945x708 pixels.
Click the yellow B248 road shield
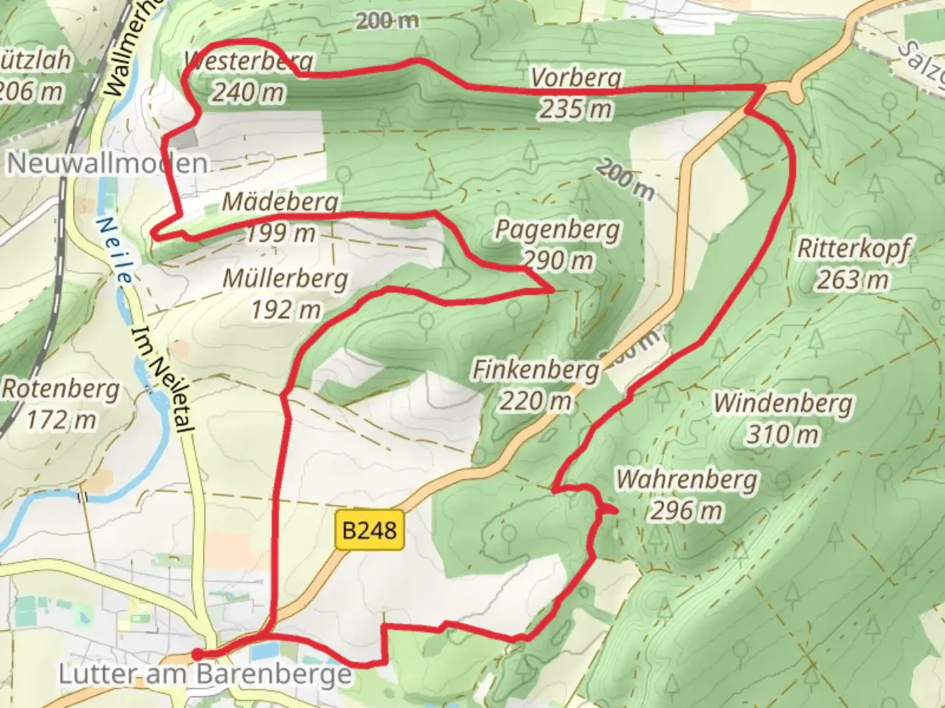369,530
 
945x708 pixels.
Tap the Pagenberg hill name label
557,230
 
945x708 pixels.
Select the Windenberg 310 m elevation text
782,434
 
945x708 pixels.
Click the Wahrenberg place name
686,480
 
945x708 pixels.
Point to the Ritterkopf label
853,249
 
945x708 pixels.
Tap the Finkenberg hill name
536,370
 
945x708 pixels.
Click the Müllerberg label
285,279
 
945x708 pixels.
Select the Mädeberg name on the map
280,201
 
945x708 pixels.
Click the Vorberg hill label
576,77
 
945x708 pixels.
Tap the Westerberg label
249,61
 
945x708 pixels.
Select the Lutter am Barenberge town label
205,674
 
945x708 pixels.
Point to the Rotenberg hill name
60,389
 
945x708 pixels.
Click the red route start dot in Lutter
196,654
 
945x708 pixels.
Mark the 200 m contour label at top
387,21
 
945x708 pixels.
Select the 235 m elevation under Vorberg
576,109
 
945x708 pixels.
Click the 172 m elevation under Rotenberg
60,420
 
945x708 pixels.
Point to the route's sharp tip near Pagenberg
551,290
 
